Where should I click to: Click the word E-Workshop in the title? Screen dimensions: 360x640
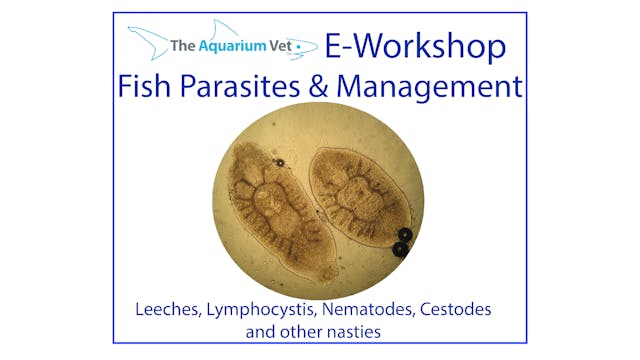414,46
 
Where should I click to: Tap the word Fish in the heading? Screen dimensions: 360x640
151,87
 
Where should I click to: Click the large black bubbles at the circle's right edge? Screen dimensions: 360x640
402,242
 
